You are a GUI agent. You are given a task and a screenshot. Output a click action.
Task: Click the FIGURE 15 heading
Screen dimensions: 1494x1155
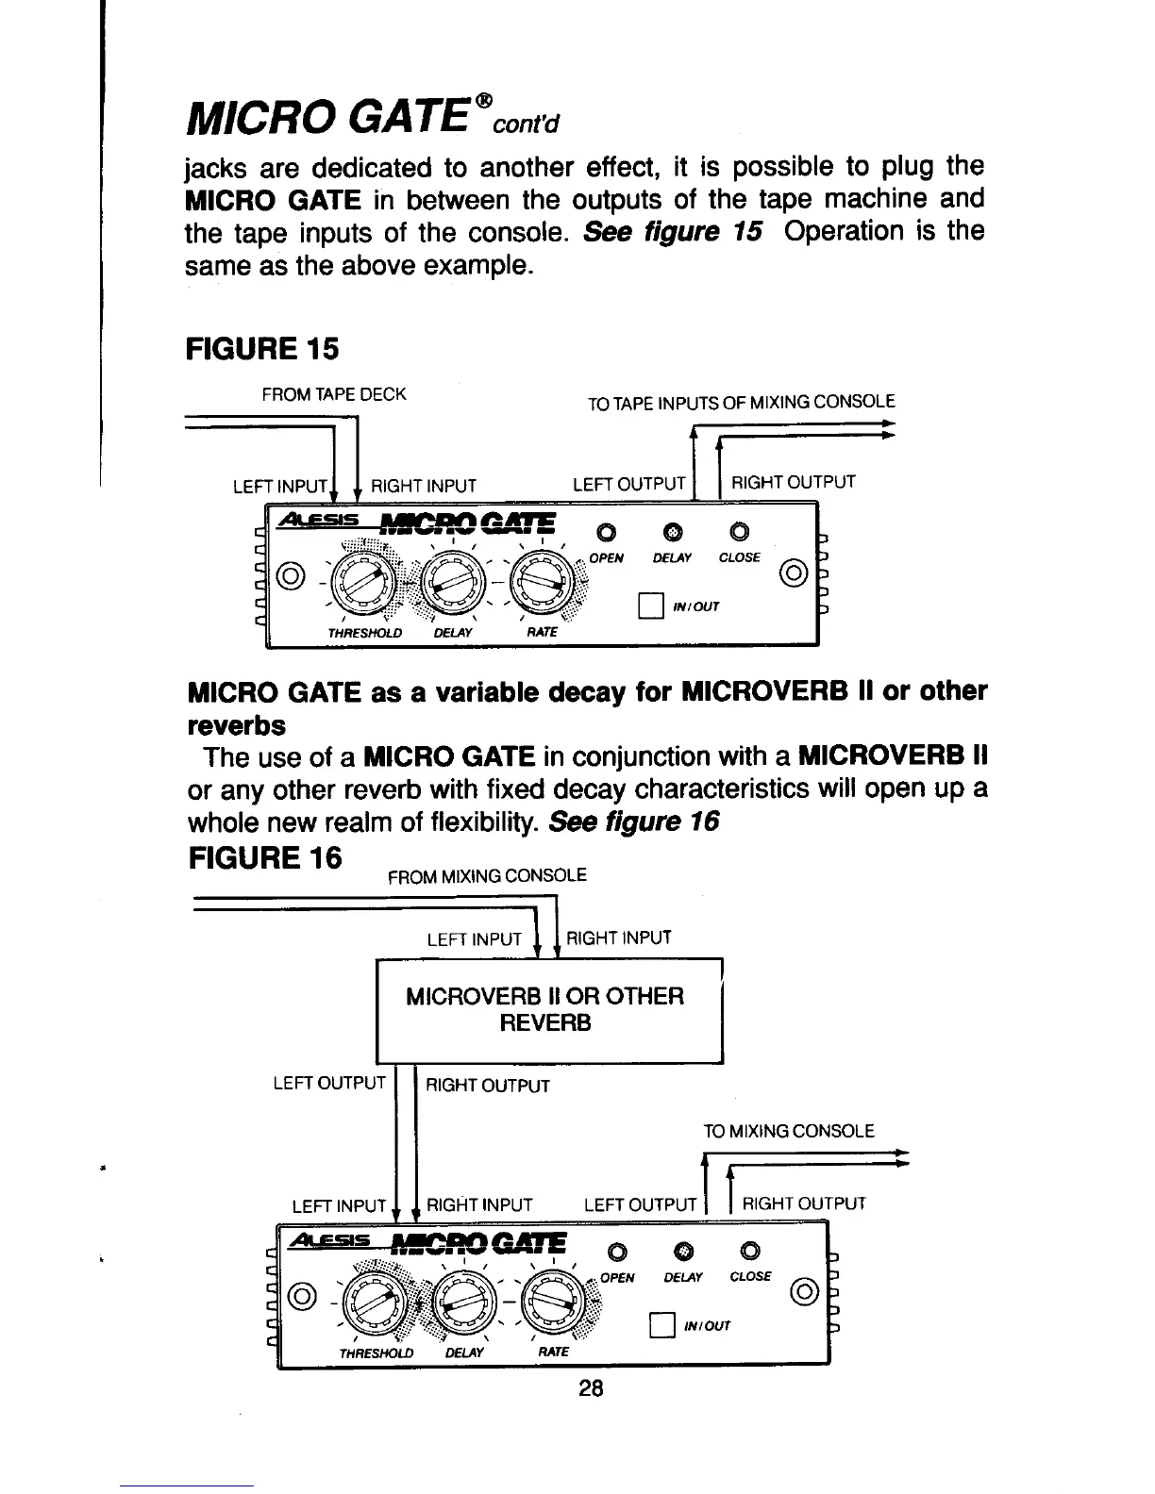(261, 349)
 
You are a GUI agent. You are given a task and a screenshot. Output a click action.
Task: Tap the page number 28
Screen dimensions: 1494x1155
(592, 1388)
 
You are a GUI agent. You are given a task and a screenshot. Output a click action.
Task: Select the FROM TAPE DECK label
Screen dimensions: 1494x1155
(334, 394)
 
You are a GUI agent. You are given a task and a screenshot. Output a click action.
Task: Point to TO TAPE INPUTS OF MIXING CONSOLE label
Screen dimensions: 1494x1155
(741, 403)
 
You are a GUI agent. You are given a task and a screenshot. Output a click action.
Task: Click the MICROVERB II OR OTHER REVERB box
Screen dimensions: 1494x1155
(549, 1010)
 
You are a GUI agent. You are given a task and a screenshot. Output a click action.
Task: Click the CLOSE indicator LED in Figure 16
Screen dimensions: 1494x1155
(749, 1252)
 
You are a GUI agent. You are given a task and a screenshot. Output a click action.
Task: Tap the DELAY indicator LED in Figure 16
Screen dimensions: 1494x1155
(687, 1252)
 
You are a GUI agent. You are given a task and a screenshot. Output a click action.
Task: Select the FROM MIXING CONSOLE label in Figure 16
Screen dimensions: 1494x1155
(488, 875)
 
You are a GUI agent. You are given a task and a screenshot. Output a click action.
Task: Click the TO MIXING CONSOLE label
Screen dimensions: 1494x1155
(789, 1131)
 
